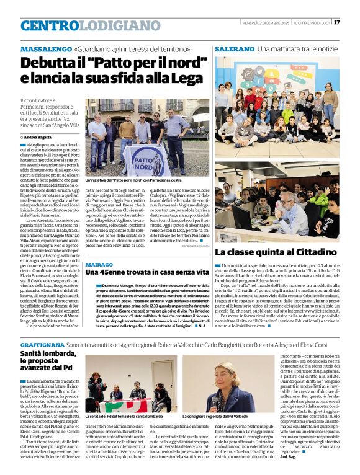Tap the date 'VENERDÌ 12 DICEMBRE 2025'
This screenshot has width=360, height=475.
(x=265, y=22)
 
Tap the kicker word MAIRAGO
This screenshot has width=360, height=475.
(x=99, y=264)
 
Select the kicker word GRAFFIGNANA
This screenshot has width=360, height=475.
(x=42, y=344)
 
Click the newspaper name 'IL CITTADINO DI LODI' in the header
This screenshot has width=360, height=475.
(x=312, y=22)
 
